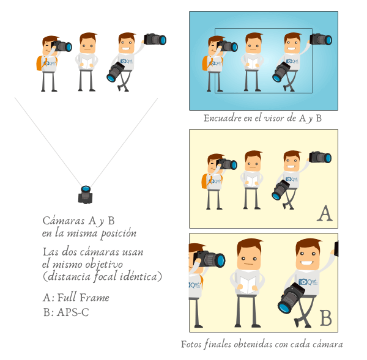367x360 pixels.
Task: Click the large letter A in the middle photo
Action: click(325, 214)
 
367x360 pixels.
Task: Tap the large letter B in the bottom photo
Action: click(325, 318)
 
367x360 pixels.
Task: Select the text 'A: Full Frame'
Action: click(76, 298)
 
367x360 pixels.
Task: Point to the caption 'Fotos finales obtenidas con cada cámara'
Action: click(262, 344)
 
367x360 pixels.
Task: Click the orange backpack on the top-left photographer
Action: click(41, 62)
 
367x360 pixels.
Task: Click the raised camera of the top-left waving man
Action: click(155, 39)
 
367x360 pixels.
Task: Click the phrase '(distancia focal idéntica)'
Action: click(102, 277)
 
